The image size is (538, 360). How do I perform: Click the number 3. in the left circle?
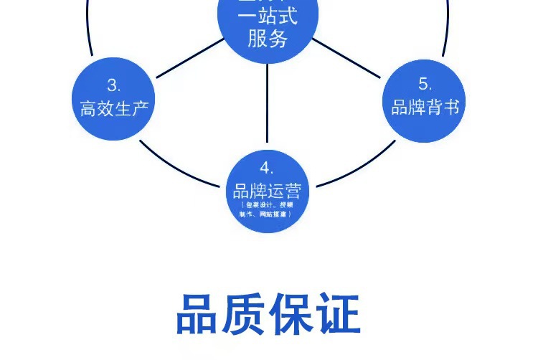(x=114, y=85)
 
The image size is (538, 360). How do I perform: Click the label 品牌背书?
(x=425, y=108)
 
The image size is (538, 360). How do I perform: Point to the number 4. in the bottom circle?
(x=267, y=169)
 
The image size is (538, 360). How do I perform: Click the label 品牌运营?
(x=267, y=191)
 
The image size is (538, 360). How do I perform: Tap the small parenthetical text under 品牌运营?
(x=267, y=210)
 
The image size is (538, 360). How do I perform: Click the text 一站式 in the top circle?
(x=268, y=16)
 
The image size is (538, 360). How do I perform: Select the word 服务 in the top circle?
(x=268, y=39)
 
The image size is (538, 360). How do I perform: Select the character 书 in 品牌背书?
(x=451, y=108)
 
